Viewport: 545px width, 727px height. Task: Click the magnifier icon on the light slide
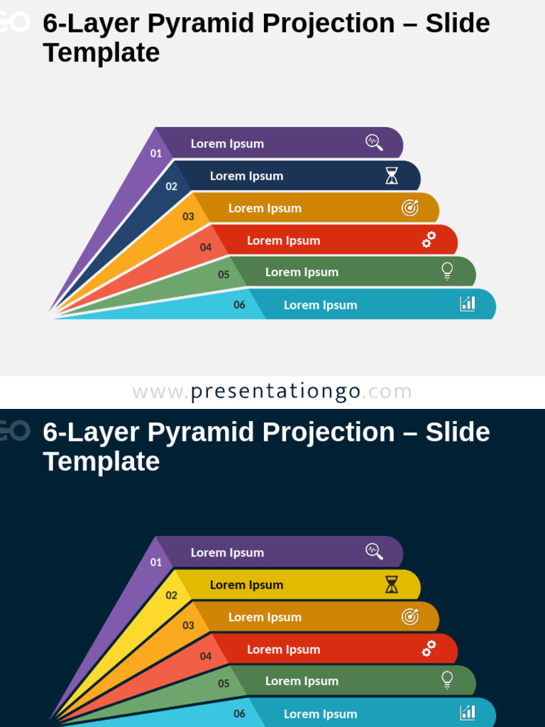(374, 142)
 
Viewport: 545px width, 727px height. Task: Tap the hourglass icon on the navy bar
(392, 176)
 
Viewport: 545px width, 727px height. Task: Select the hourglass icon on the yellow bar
(392, 585)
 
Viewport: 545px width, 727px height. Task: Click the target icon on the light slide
(410, 207)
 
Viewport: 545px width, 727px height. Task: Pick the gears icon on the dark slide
(429, 649)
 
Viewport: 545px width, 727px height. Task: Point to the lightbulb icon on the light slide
(447, 271)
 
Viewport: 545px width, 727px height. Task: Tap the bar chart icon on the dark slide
(468, 712)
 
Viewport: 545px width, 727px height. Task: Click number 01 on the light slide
(156, 153)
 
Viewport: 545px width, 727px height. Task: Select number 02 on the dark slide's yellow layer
(172, 596)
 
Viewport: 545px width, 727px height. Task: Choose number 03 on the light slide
(188, 217)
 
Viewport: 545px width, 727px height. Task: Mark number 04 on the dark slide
(206, 657)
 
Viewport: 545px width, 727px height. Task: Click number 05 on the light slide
(224, 275)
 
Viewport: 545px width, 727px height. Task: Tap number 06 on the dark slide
(240, 714)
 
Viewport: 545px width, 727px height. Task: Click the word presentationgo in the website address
(275, 391)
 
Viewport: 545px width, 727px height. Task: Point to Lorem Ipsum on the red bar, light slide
(284, 241)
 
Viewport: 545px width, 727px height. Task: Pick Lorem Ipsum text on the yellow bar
(247, 585)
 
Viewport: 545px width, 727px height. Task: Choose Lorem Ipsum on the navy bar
(247, 176)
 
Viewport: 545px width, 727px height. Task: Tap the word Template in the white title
(101, 461)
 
